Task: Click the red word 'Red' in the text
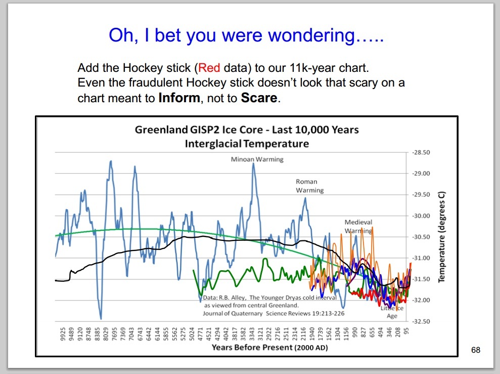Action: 209,68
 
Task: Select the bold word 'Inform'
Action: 179,97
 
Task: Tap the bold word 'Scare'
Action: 259,97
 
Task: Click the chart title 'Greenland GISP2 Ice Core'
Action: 247,130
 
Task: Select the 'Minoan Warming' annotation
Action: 257,159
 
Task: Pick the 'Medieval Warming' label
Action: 358,226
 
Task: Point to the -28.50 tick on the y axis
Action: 422,152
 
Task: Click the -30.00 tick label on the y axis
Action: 422,216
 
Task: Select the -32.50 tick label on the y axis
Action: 422,321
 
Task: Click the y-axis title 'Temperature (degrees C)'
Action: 441,237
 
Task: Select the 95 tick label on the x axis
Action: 406,333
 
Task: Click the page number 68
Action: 475,350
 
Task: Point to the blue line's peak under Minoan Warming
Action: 253,164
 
